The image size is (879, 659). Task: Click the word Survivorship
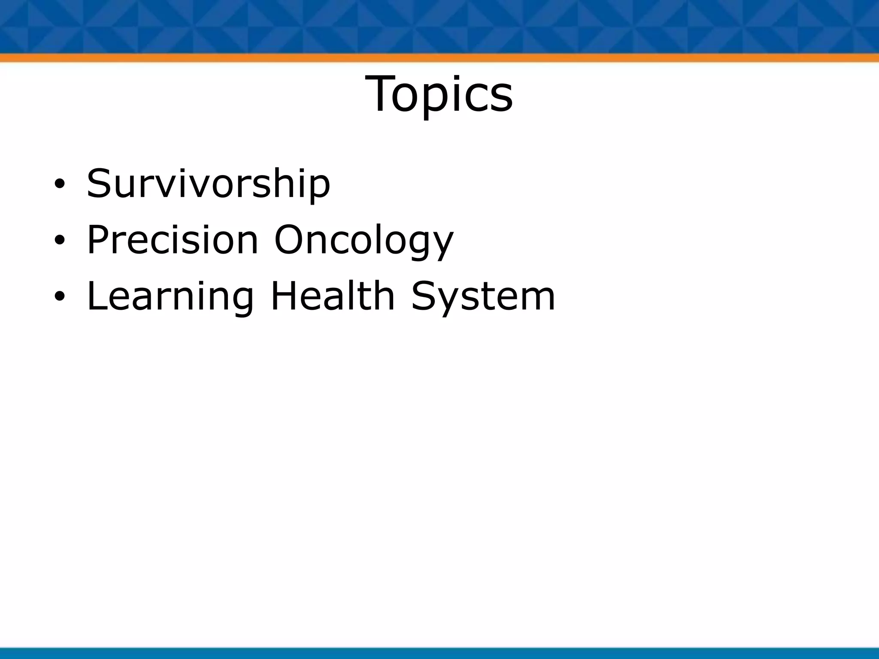[x=209, y=184]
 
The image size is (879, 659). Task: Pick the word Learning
[x=170, y=297]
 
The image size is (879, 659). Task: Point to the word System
[x=483, y=297]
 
